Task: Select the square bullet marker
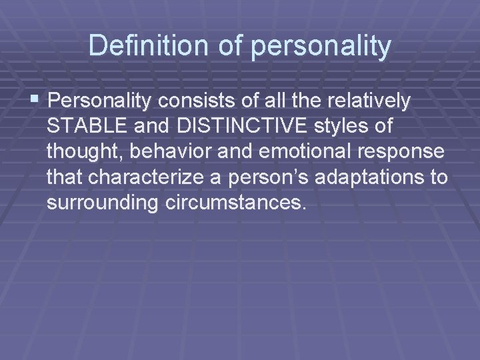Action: [35, 101]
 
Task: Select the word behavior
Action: [170, 152]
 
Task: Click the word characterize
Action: [159, 177]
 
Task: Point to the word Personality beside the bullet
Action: [99, 103]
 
